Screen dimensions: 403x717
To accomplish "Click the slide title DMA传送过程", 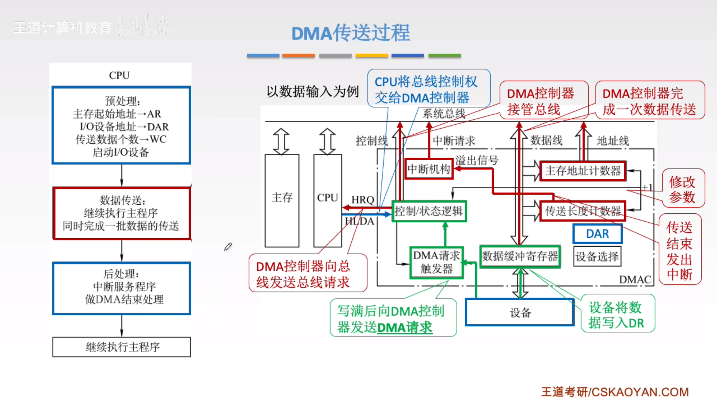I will [351, 33].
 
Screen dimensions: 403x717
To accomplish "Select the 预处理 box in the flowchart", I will [121, 125].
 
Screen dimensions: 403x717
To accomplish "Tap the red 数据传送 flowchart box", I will [121, 213].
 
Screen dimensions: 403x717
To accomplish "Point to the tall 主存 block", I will [282, 200].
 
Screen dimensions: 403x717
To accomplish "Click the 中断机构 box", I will [429, 169].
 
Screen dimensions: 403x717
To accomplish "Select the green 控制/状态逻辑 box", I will [429, 211].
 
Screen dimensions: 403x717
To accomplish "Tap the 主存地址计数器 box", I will [583, 171].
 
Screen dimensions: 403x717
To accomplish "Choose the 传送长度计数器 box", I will [583, 211].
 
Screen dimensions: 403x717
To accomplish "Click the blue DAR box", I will [597, 234].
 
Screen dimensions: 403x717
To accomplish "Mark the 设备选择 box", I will [597, 256].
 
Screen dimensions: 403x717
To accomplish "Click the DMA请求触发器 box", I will [436, 263].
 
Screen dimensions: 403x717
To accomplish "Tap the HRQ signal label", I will [363, 200].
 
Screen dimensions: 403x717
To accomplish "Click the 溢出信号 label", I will [477, 161].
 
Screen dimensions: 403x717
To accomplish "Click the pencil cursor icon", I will [228, 247].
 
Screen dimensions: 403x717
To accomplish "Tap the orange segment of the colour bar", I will [298, 55].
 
